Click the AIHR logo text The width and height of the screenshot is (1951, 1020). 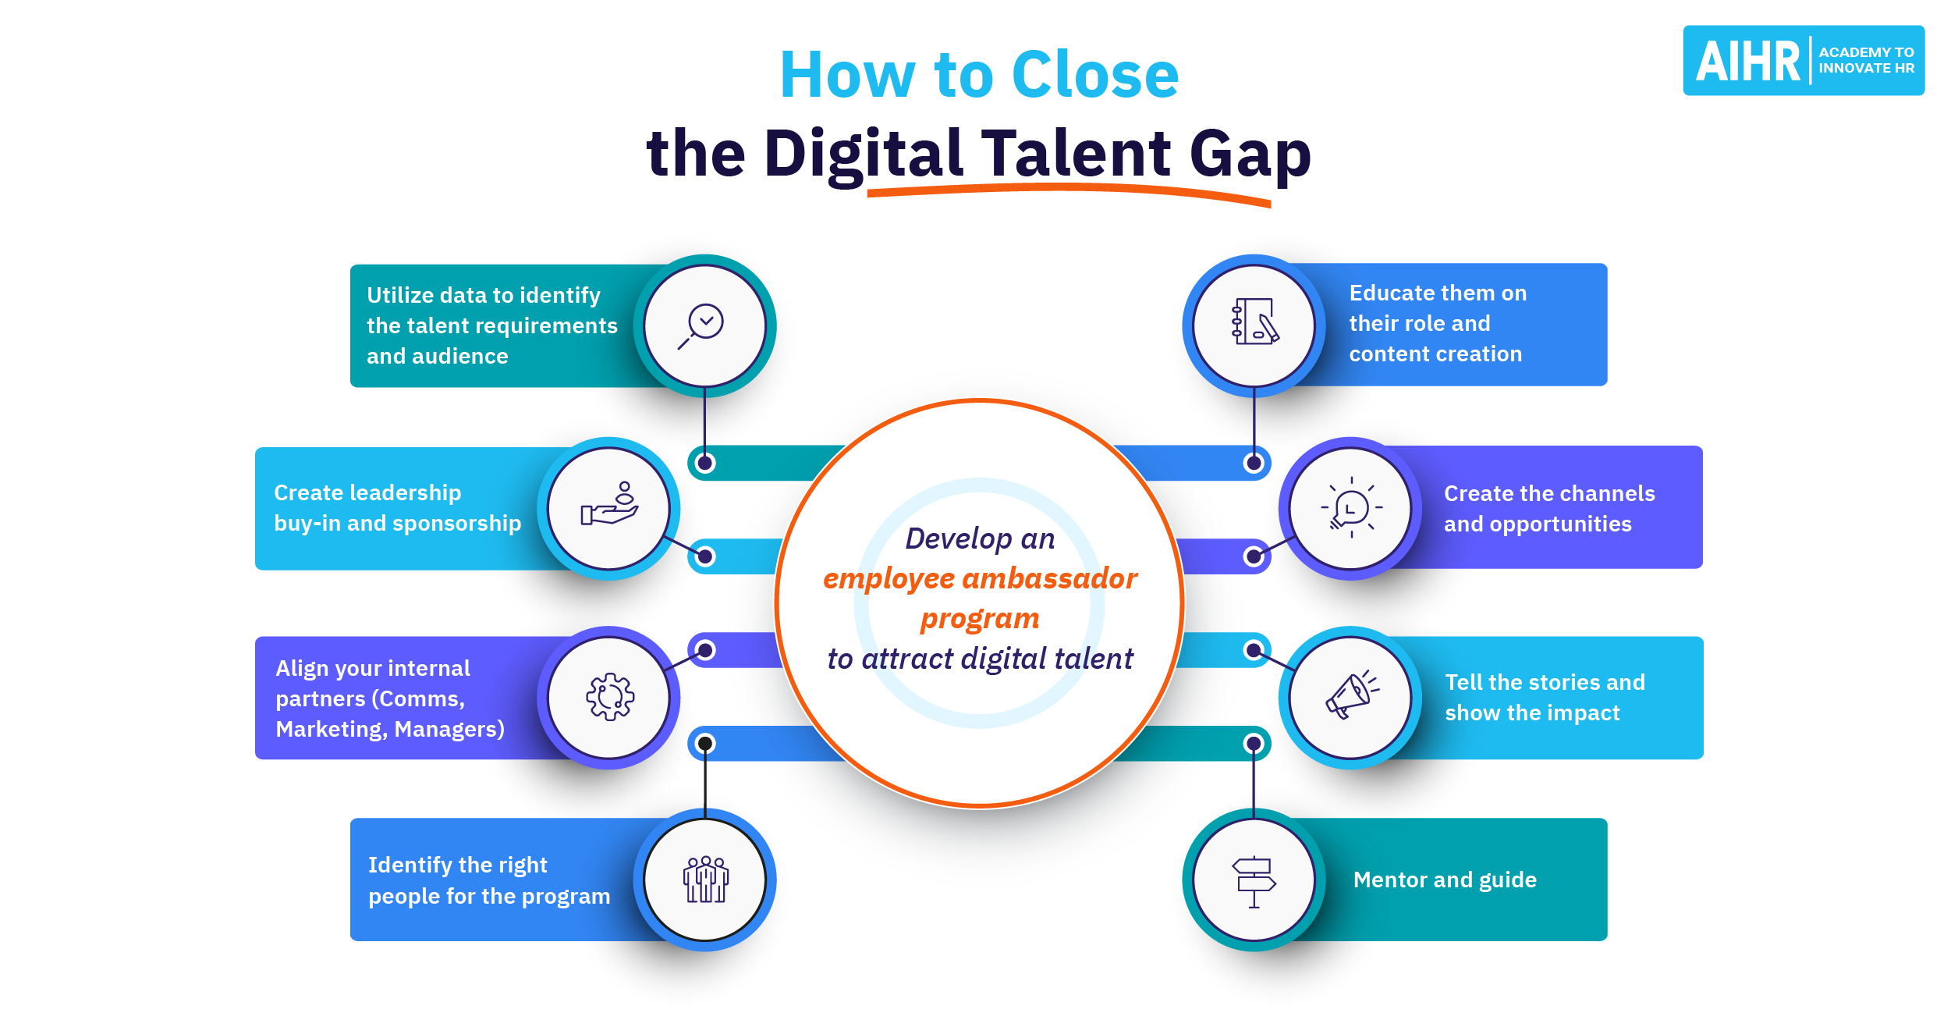[1747, 61]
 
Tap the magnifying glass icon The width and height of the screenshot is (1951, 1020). [704, 325]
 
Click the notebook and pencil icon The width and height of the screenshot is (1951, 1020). [1254, 322]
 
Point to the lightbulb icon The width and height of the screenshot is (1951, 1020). [1351, 508]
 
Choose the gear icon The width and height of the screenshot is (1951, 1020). [609, 696]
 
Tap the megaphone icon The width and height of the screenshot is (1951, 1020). [1351, 695]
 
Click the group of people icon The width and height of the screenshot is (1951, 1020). [705, 880]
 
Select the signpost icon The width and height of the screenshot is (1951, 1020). [1254, 881]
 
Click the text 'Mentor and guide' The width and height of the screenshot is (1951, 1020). [1445, 880]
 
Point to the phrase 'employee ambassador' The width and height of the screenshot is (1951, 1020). [980, 578]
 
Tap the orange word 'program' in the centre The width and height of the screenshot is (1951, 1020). [980, 618]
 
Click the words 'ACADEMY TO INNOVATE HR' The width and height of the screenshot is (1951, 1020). [1866, 60]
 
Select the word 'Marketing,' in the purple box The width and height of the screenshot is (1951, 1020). [332, 729]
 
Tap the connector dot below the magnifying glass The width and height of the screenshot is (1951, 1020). [705, 463]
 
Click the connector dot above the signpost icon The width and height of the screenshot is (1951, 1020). [1254, 744]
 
